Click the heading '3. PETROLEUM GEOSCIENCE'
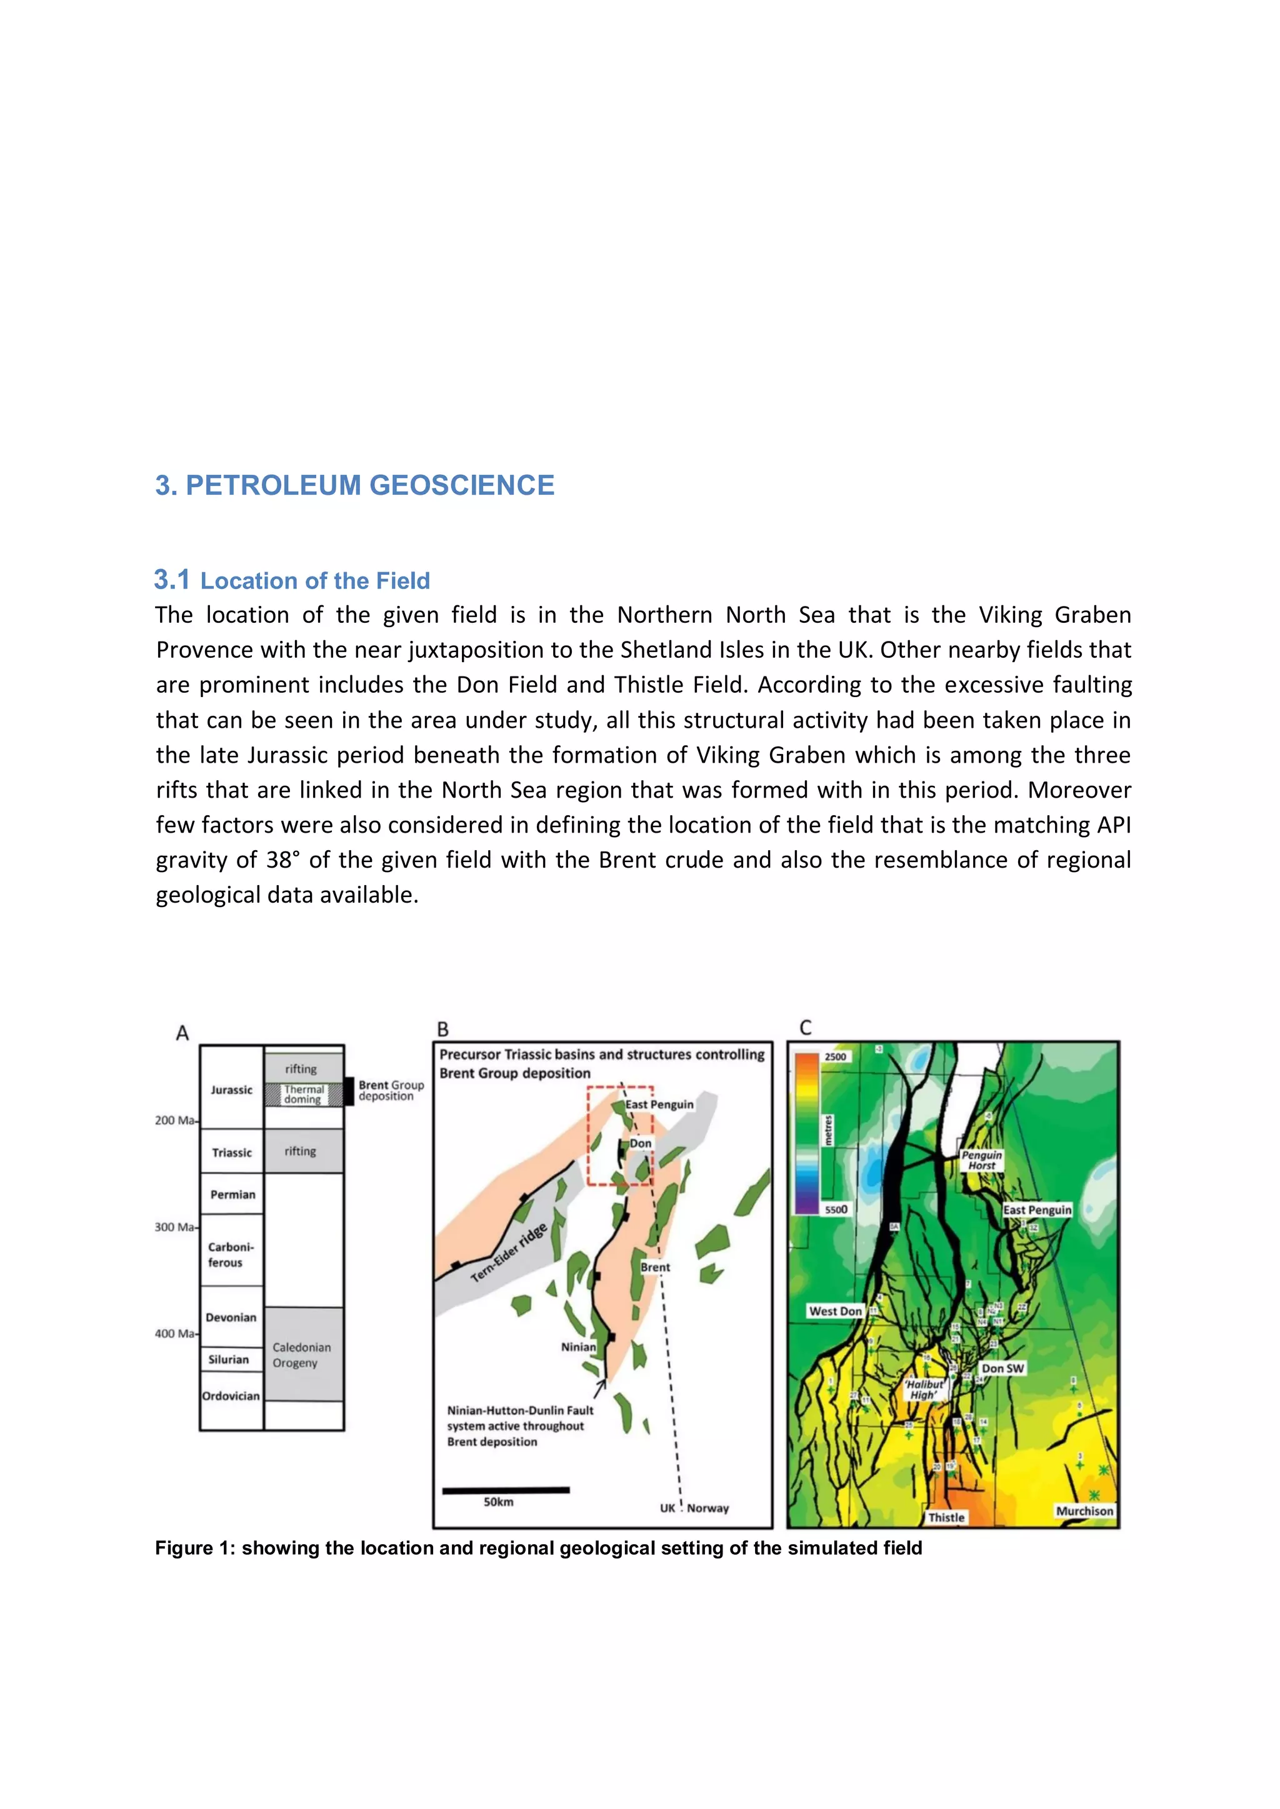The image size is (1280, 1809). [354, 485]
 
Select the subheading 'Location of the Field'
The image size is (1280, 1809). [314, 581]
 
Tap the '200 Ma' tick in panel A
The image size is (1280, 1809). [176, 1121]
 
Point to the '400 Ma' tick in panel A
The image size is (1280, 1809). [176, 1334]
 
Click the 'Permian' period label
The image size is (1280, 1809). [232, 1194]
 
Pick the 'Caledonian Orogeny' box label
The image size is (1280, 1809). [302, 1355]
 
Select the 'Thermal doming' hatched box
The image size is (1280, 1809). [304, 1094]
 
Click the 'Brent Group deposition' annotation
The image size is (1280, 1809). [391, 1091]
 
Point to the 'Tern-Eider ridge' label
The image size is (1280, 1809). [509, 1253]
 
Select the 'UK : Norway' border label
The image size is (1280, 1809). [694, 1508]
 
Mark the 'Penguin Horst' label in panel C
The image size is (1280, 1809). [981, 1160]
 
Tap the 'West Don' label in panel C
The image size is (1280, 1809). [836, 1311]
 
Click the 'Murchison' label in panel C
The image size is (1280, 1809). [1084, 1511]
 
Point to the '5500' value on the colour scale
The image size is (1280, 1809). [836, 1209]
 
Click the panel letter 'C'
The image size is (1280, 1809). [805, 1028]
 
